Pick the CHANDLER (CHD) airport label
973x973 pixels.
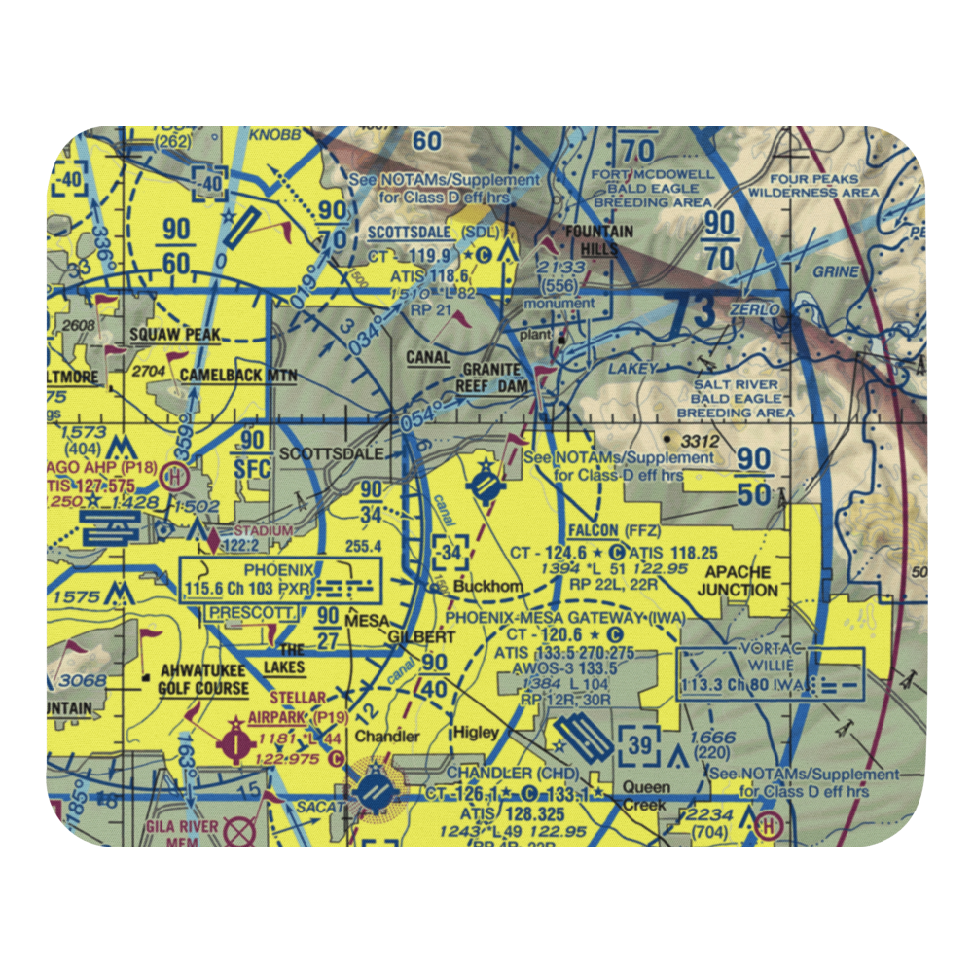513,774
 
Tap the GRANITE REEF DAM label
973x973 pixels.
505,378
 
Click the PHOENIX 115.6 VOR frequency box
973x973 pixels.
282,580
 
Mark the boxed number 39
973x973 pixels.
639,744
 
